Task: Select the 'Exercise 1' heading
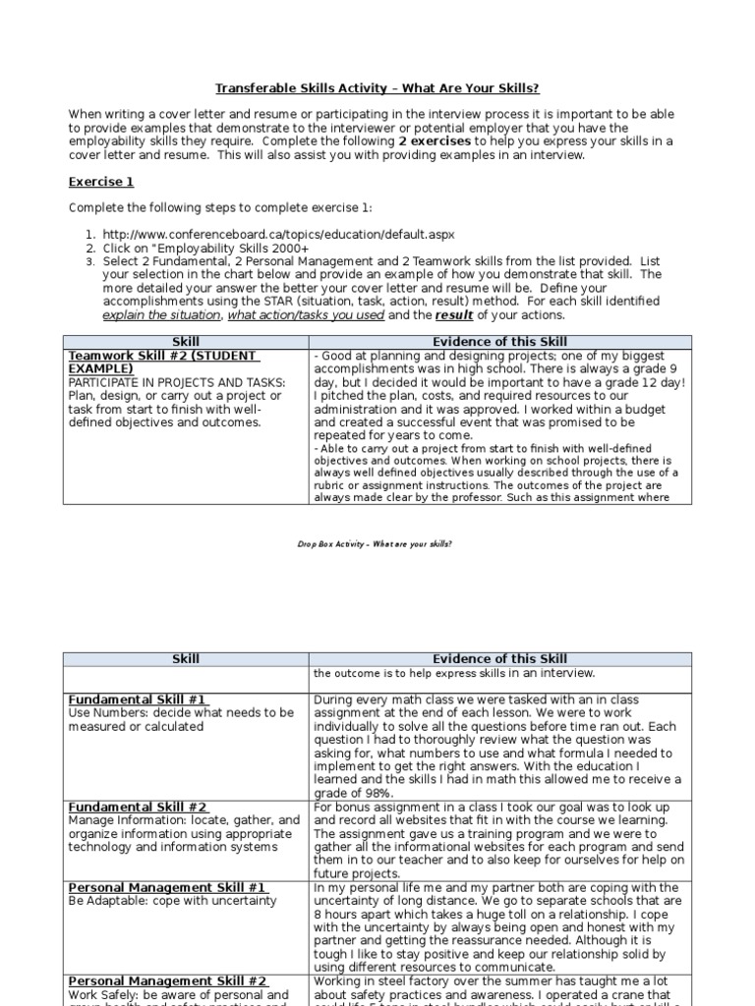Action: point(101,182)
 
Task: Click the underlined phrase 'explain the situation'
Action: point(162,315)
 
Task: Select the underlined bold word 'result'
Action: point(455,315)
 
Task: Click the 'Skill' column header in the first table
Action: point(186,342)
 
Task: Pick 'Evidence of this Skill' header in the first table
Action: point(499,342)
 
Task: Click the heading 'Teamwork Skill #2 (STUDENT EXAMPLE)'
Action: point(162,362)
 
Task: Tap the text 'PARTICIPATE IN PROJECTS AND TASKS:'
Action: point(177,382)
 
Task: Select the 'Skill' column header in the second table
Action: point(186,658)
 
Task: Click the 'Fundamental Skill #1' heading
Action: point(136,699)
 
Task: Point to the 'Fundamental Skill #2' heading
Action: point(137,807)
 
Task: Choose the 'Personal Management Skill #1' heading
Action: point(167,887)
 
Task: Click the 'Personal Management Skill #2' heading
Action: point(167,981)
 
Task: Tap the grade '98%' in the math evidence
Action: point(379,793)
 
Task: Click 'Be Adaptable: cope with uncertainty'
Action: point(173,901)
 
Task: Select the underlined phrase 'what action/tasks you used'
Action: point(306,315)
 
